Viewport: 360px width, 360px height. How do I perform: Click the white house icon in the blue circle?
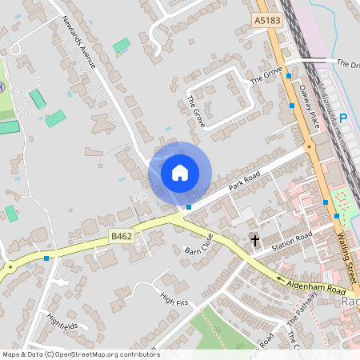[180, 173]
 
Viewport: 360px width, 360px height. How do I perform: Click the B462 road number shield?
[120, 237]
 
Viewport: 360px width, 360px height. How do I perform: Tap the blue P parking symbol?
[343, 118]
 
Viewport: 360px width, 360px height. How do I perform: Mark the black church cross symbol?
[255, 239]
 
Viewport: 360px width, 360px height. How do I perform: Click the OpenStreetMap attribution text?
[81, 354]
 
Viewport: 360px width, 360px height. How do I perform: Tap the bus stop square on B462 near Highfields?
[47, 258]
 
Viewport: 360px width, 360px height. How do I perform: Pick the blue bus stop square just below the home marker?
[189, 207]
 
